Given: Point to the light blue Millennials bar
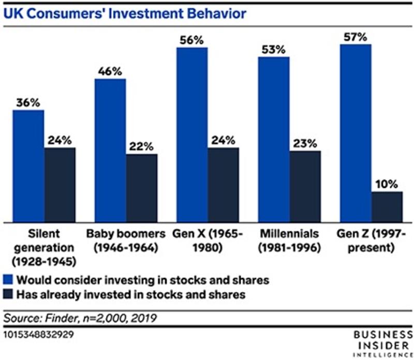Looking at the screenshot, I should coord(274,140).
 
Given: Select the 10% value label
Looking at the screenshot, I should coord(387,184).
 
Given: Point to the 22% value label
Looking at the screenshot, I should coord(141,146).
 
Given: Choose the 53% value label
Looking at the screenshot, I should coord(274,49).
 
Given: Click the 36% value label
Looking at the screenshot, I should coord(28,102).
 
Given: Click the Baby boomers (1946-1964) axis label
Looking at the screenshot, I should coord(126,241).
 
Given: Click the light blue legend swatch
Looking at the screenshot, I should coord(8,281).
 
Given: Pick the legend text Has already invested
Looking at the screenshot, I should coord(130,295).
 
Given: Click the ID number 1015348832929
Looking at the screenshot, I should coord(37,335).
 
